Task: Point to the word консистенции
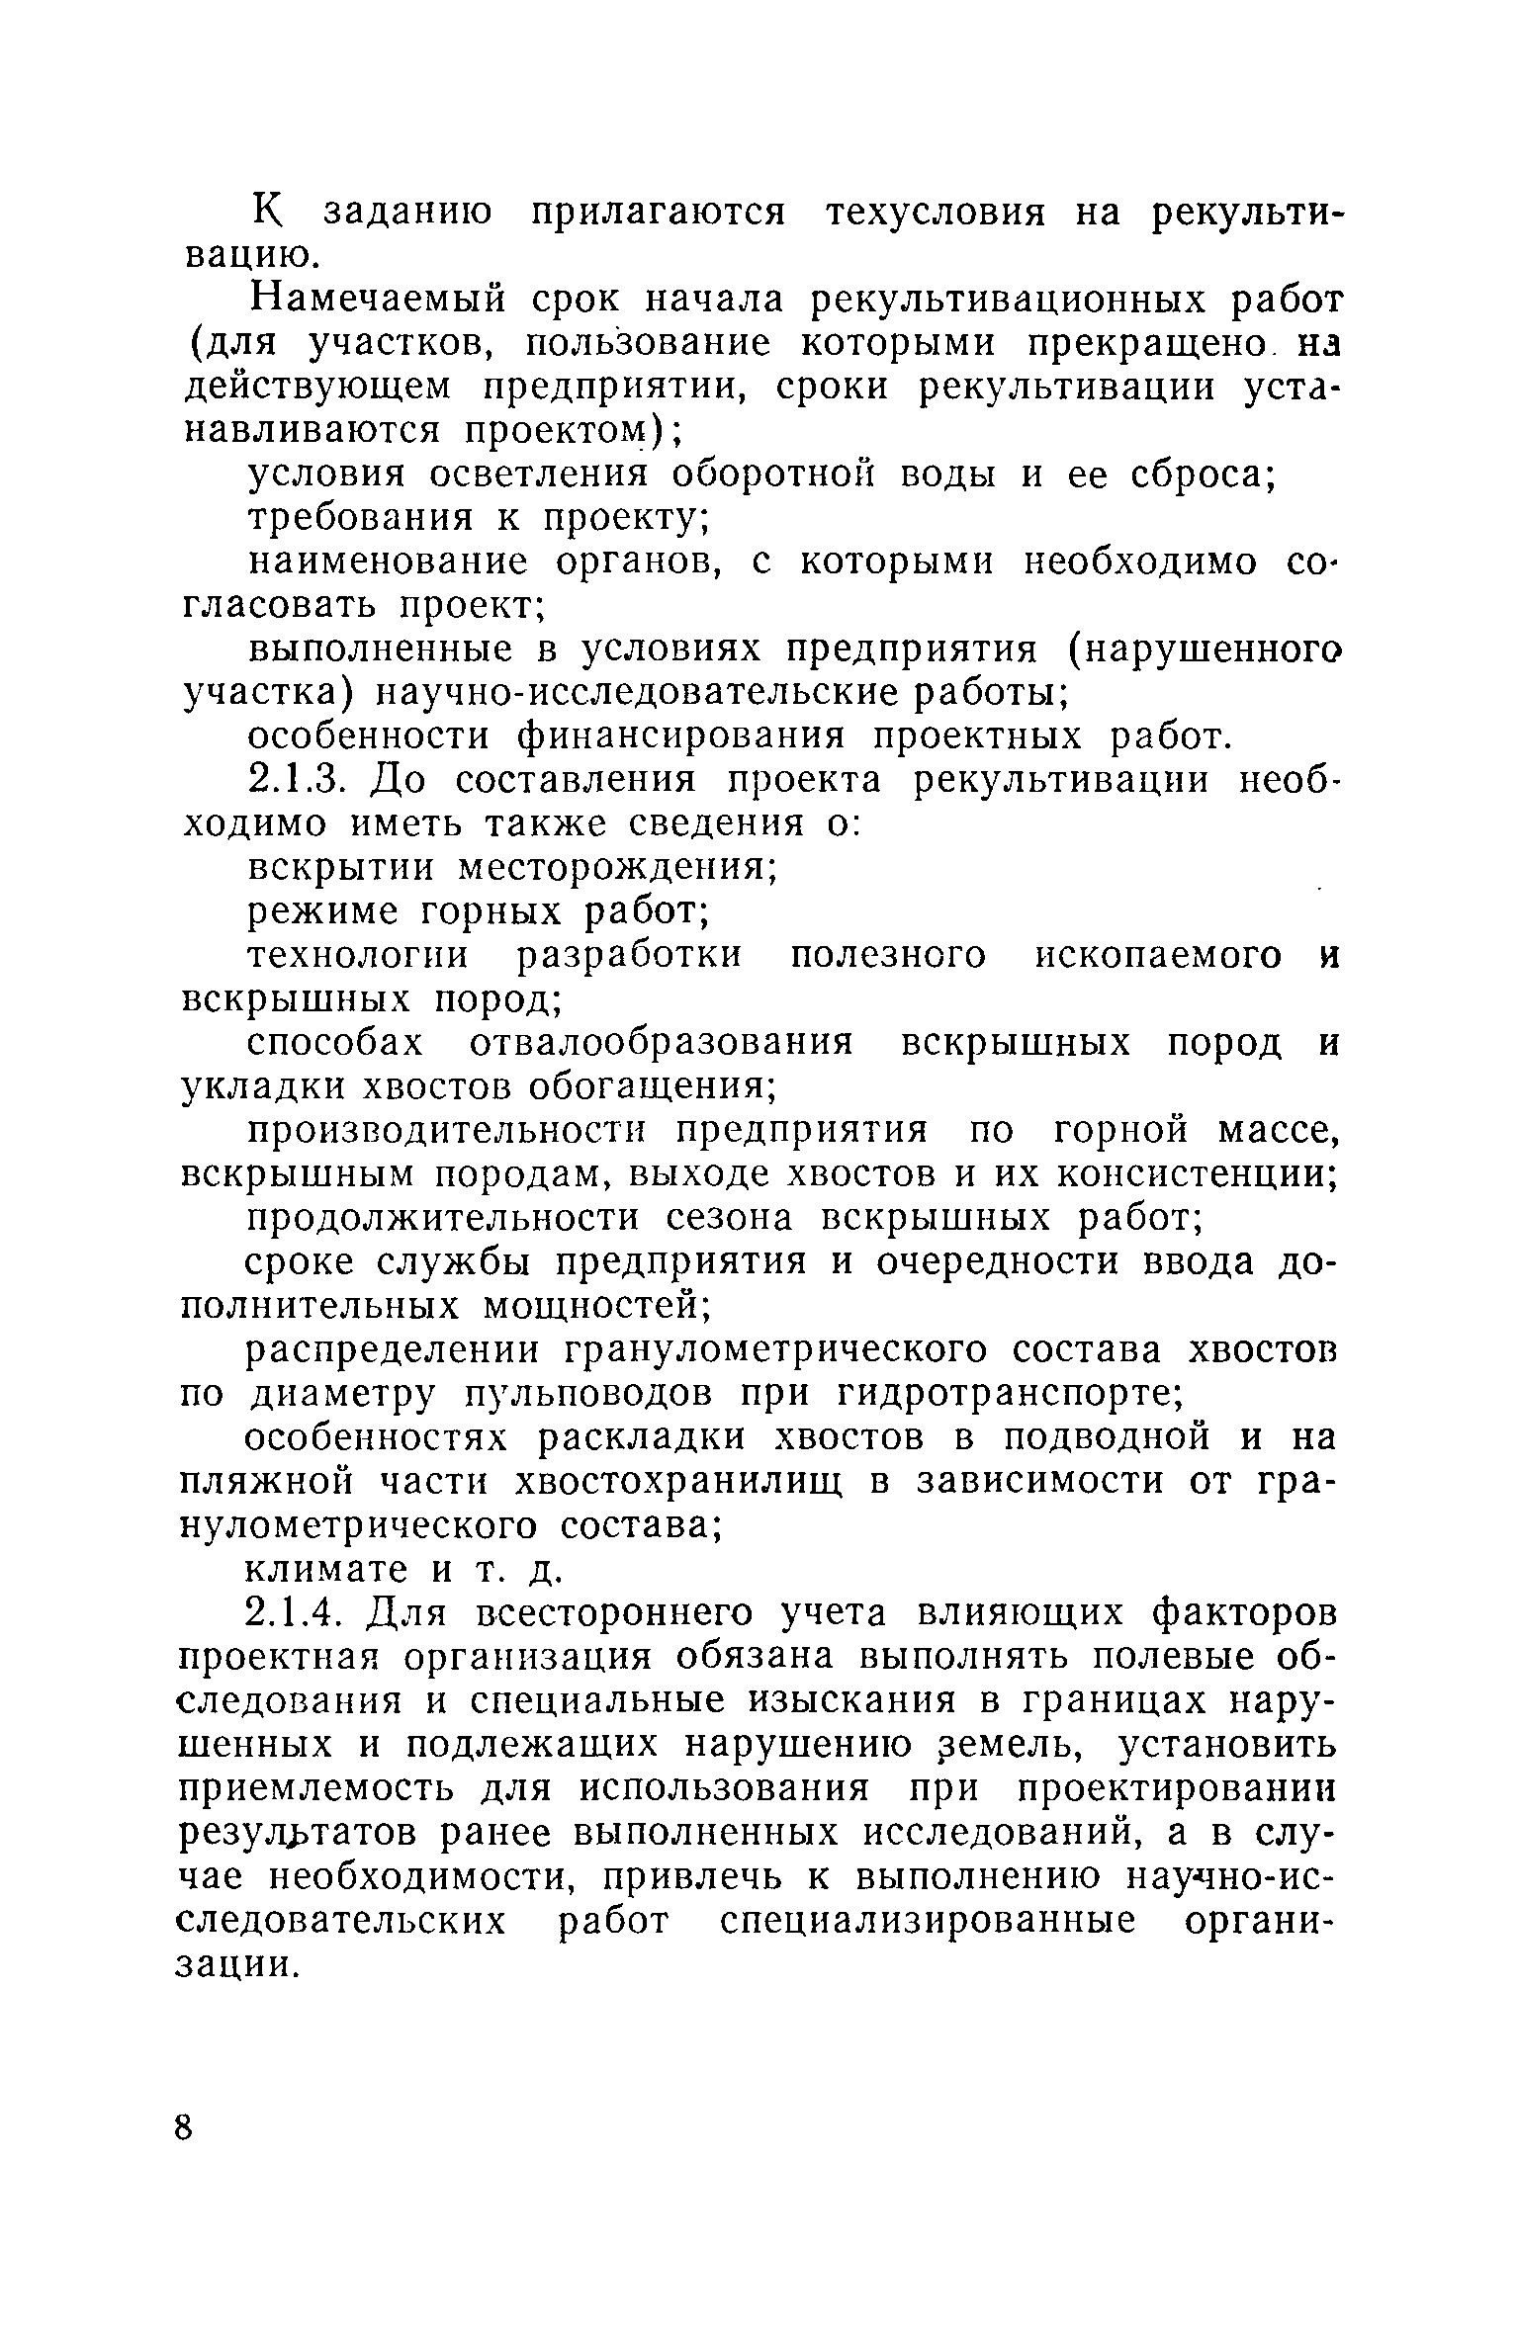(1198, 1174)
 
